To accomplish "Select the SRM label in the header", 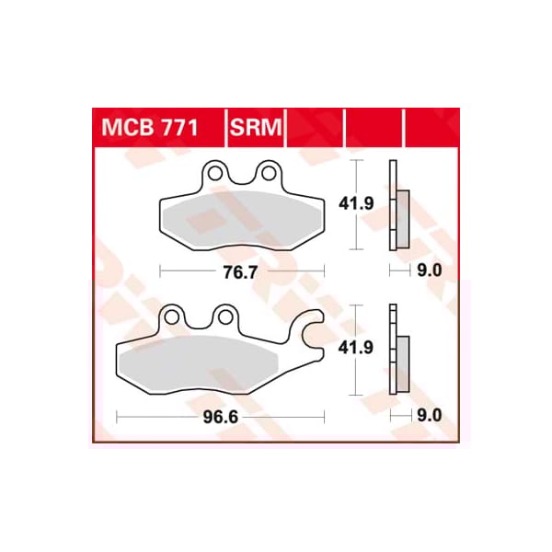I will click(256, 128).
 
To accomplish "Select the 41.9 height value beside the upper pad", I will click(359, 205).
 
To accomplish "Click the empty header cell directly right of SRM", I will click(315, 128).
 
